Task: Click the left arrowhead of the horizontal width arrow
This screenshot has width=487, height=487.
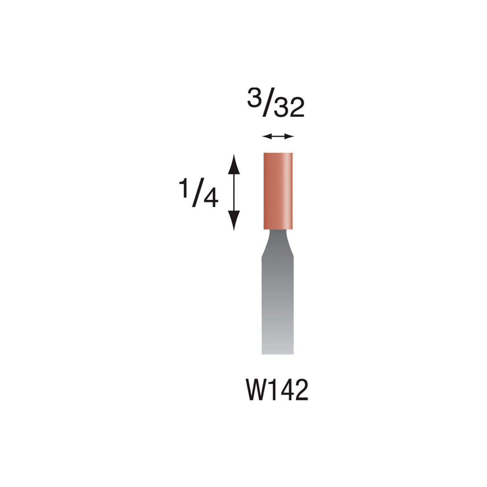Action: click(265, 137)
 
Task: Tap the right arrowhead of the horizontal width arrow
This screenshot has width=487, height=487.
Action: click(291, 137)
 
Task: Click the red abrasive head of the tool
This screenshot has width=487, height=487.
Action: click(278, 191)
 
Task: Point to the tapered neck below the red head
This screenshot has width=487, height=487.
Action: click(277, 243)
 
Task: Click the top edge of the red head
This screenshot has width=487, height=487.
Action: click(278, 153)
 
